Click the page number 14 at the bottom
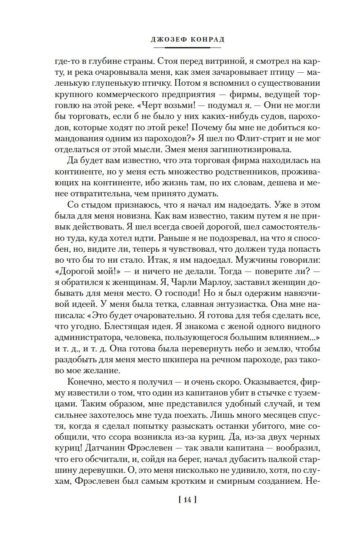[188, 500]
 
